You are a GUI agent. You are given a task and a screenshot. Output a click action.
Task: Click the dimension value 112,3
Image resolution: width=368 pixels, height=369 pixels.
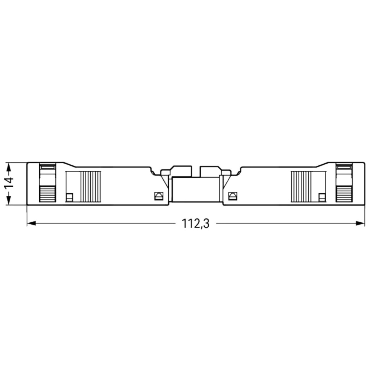(195, 224)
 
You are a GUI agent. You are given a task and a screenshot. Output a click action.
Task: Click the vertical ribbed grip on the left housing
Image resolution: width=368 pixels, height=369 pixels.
(90, 186)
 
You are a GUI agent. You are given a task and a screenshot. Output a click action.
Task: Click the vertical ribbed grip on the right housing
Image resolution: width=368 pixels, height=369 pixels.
(301, 186)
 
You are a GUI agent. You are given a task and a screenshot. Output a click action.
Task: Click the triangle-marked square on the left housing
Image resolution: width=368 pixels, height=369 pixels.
(158, 196)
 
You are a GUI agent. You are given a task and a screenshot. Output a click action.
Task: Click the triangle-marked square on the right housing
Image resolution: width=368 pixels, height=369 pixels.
(233, 196)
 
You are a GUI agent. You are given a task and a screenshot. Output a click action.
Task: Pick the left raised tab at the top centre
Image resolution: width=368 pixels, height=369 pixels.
(181, 171)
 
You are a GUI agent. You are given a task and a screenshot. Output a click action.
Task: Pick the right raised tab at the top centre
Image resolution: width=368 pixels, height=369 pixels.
(210, 171)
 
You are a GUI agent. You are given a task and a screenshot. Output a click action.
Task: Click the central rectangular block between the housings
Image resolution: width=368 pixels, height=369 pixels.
(195, 189)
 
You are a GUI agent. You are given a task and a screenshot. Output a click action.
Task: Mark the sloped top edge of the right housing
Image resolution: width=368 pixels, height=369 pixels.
(322, 165)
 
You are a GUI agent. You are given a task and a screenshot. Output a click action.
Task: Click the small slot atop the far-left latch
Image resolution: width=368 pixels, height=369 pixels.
(47, 166)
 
